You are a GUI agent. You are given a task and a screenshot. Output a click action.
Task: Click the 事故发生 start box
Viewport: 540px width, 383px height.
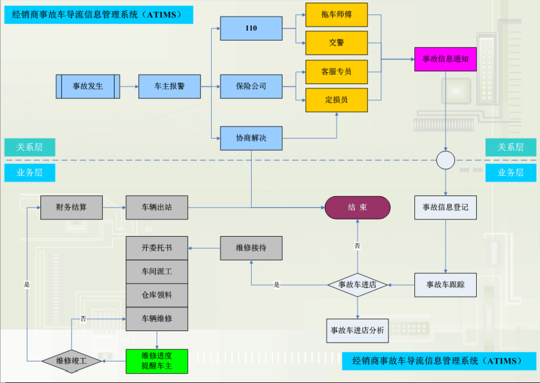coord(88,86)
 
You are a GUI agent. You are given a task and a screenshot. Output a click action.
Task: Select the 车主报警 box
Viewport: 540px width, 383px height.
coord(169,86)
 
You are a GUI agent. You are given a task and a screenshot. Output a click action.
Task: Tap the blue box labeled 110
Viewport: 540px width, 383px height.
coord(251,28)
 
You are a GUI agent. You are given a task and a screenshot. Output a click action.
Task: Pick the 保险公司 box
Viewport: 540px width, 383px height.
coord(251,86)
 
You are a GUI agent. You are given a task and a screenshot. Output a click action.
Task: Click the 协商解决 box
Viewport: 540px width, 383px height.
coord(251,138)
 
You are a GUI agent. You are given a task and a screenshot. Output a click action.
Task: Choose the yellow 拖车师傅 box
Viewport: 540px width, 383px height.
coord(336,14)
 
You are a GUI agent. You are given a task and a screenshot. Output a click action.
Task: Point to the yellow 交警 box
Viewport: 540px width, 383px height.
coord(336,43)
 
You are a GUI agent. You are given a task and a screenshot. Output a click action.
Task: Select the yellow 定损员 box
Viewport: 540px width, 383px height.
coord(336,100)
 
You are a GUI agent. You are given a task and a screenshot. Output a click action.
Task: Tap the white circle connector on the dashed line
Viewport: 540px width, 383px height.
coord(446,160)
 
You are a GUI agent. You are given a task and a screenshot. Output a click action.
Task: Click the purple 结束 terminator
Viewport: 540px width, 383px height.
coord(358,208)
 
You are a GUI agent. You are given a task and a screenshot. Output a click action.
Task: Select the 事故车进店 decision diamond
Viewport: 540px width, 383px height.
coord(358,285)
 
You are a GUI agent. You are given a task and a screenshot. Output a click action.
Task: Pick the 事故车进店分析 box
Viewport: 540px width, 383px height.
coord(358,331)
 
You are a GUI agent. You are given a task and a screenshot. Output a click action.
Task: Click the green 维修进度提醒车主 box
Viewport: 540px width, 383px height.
coord(157,361)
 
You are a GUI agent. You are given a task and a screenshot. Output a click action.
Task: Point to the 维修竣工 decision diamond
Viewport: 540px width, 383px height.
coord(72,361)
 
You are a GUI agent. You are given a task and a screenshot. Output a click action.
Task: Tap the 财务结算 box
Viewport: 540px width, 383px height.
coord(72,208)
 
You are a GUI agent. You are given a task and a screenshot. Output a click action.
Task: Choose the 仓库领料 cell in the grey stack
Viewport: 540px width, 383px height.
coord(157,295)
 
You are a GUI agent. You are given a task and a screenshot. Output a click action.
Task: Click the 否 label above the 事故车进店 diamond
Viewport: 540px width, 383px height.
coord(358,246)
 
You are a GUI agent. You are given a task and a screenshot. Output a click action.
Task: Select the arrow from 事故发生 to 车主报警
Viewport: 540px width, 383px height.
coord(129,86)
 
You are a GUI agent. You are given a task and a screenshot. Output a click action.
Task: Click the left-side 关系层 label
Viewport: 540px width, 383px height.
coord(29,147)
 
